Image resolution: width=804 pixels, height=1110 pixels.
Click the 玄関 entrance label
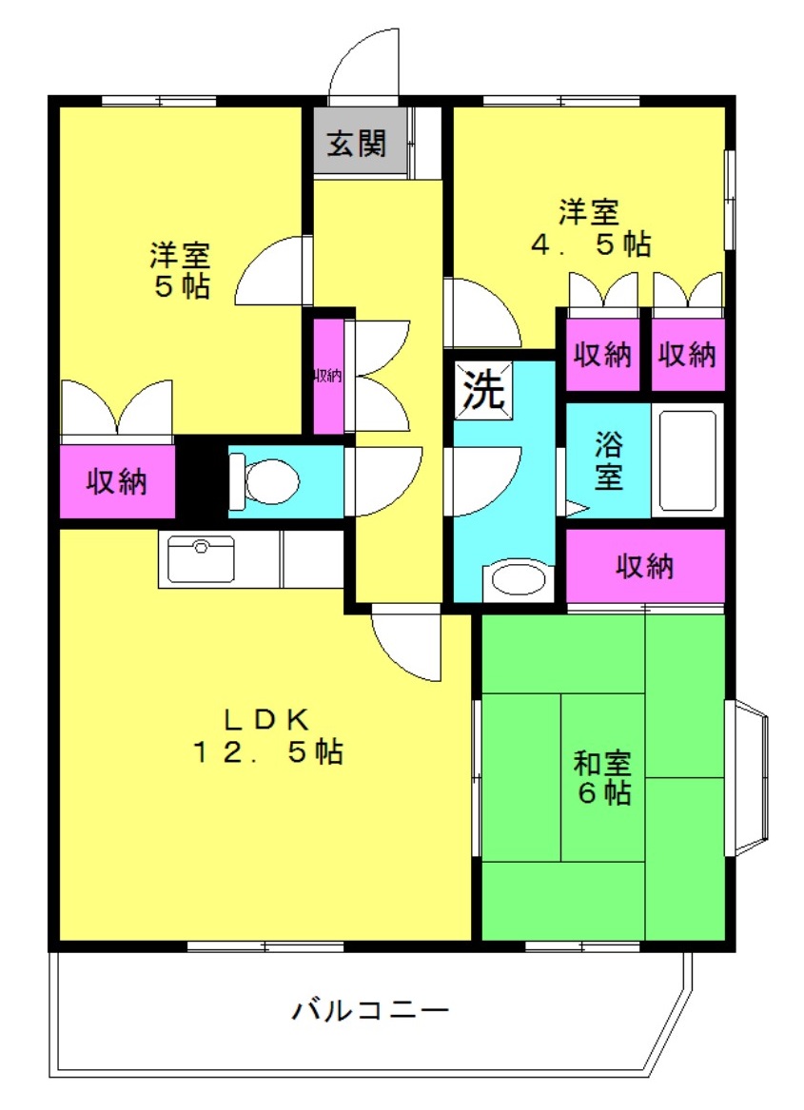click(x=356, y=144)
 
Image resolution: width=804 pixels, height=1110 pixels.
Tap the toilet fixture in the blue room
click(x=265, y=481)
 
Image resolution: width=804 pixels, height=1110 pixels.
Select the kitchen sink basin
click(x=201, y=558)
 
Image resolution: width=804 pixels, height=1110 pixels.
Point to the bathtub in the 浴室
click(x=687, y=460)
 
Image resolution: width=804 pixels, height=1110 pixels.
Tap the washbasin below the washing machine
click(x=519, y=580)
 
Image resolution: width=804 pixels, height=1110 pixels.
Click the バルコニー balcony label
click(x=370, y=1009)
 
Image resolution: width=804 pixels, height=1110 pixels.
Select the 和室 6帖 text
click(x=603, y=777)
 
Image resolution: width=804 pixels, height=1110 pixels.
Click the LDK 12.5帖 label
click(x=268, y=735)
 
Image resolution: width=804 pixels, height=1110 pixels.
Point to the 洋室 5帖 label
click(x=180, y=270)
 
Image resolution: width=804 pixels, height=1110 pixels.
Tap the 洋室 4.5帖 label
click(x=591, y=228)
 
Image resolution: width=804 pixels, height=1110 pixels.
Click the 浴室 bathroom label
click(x=609, y=460)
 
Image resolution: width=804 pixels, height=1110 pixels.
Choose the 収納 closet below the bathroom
click(x=645, y=566)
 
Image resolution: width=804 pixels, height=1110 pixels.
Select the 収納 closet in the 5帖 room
click(x=117, y=481)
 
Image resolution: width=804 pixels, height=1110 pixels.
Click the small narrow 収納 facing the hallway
click(x=328, y=376)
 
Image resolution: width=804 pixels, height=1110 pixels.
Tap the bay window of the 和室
click(x=747, y=777)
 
